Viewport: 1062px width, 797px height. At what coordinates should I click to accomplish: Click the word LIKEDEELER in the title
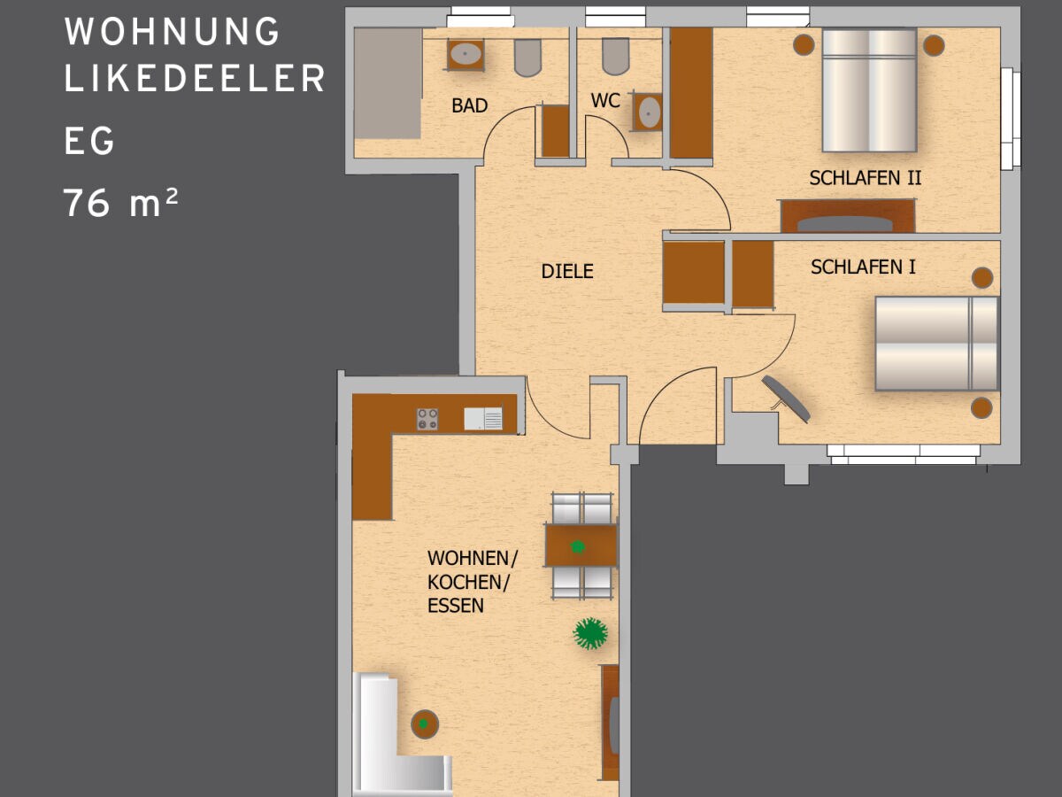pyautogui.click(x=195, y=79)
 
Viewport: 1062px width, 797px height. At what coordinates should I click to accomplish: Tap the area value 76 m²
pyautogui.click(x=121, y=205)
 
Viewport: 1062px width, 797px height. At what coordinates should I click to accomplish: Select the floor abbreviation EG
pyautogui.click(x=89, y=142)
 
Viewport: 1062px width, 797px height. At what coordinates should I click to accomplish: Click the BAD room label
pyautogui.click(x=469, y=105)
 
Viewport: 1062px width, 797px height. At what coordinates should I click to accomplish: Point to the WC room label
pyautogui.click(x=605, y=101)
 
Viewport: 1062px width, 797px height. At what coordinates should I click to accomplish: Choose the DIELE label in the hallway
pyautogui.click(x=567, y=272)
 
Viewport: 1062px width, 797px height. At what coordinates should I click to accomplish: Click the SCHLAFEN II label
pyautogui.click(x=865, y=178)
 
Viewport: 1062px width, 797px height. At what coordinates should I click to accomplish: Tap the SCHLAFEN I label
pyautogui.click(x=863, y=267)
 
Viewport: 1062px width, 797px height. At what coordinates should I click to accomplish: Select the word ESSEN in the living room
pyautogui.click(x=456, y=606)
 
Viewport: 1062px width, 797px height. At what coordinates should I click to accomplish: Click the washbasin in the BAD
pyautogui.click(x=465, y=55)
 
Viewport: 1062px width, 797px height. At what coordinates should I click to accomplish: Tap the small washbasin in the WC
pyautogui.click(x=649, y=112)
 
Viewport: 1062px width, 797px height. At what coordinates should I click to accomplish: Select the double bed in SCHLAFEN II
pyautogui.click(x=868, y=90)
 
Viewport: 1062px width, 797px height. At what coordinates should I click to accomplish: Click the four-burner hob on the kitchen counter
pyautogui.click(x=427, y=419)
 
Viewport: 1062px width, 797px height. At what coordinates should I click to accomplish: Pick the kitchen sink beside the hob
pyautogui.click(x=483, y=419)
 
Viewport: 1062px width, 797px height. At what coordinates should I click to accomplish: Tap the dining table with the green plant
pyautogui.click(x=581, y=546)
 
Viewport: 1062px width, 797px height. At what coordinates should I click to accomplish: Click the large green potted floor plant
pyautogui.click(x=590, y=633)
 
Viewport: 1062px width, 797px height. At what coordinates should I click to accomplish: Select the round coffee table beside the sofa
pyautogui.click(x=425, y=724)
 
